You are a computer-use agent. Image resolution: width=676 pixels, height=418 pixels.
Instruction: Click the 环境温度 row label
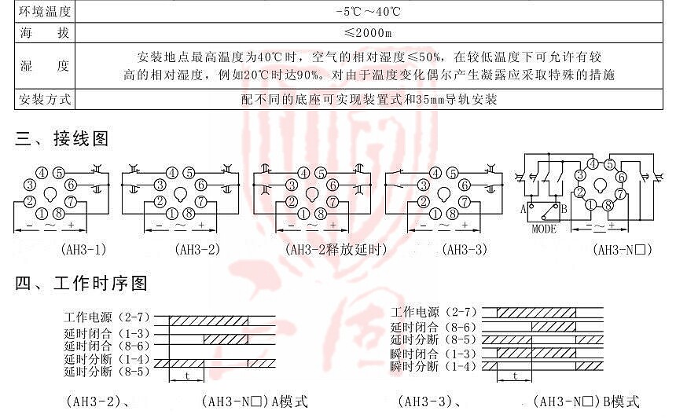(x=44, y=11)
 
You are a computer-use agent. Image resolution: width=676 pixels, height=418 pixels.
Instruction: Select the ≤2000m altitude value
(x=368, y=33)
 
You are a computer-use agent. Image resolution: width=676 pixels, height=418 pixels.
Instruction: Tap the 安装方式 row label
(x=44, y=100)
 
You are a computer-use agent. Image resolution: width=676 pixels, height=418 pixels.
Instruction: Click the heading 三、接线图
(x=61, y=139)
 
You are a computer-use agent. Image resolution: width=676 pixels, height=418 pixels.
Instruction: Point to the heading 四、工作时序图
(x=82, y=283)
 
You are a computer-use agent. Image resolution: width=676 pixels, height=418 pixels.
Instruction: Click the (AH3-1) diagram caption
(x=83, y=249)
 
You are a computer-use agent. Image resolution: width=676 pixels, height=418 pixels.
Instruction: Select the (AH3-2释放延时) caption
(x=336, y=249)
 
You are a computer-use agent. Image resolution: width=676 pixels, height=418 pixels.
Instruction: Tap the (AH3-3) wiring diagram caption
(x=465, y=249)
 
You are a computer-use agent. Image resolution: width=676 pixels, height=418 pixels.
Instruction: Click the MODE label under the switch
(x=544, y=229)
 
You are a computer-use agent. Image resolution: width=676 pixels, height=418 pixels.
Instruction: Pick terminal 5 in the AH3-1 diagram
(x=59, y=173)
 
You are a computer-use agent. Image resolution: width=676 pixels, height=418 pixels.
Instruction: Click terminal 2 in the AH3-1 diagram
(x=30, y=201)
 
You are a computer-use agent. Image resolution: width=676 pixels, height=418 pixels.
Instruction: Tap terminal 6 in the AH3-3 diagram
(x=465, y=185)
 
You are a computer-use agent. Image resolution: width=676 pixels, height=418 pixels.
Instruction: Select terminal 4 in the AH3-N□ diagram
(x=593, y=164)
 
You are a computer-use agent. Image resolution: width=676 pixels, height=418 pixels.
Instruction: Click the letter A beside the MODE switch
(x=524, y=210)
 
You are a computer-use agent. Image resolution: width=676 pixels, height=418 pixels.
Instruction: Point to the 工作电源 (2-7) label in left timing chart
(x=107, y=317)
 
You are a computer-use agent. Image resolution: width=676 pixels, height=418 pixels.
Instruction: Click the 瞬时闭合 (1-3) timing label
(x=433, y=354)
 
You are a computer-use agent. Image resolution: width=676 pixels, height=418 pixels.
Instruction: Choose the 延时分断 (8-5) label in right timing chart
(x=433, y=339)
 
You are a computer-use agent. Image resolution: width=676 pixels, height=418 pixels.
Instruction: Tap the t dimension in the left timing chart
(x=187, y=376)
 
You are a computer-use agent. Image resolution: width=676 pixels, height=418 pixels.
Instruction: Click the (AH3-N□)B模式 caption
(x=586, y=401)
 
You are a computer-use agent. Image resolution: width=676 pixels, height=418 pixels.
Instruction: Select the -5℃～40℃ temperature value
(x=368, y=11)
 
